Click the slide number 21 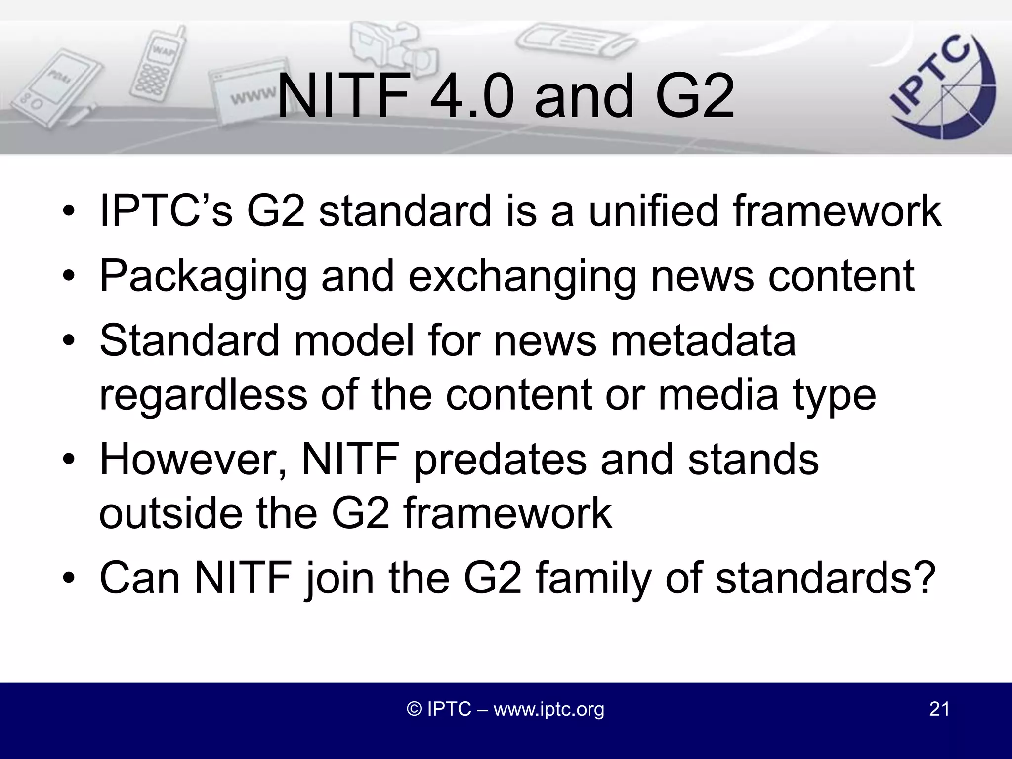coord(939,709)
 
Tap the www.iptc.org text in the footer coord(549,709)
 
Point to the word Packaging coord(203,277)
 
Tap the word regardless coord(203,395)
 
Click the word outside coord(171,514)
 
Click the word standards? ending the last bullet coord(825,578)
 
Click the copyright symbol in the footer coord(414,709)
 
